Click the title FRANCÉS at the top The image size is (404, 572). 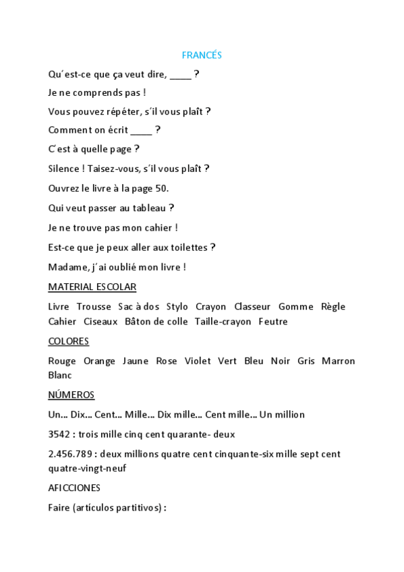(x=202, y=55)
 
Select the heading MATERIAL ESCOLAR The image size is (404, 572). (x=92, y=287)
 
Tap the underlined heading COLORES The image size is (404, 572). (x=68, y=341)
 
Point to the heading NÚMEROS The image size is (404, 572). (x=71, y=395)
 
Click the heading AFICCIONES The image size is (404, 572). (x=74, y=488)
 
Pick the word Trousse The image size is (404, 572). (x=94, y=307)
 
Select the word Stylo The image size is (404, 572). (x=177, y=307)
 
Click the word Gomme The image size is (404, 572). (x=295, y=307)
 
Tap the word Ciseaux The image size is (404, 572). (x=100, y=322)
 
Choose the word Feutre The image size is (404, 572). (x=273, y=322)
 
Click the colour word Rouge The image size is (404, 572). (x=62, y=362)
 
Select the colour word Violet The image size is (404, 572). (x=198, y=362)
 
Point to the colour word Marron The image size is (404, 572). (x=338, y=362)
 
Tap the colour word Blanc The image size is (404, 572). (x=60, y=376)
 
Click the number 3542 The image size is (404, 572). (x=60, y=435)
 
